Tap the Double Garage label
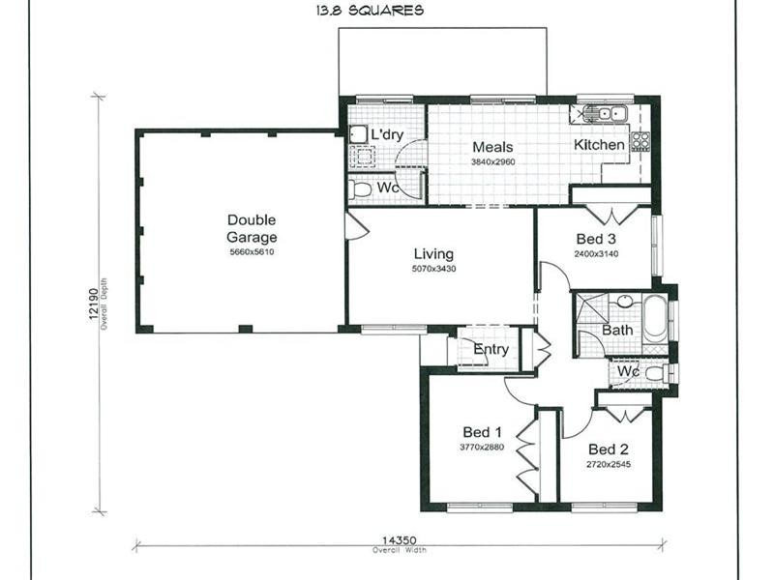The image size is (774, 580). (x=252, y=228)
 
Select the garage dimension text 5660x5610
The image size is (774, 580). (x=252, y=251)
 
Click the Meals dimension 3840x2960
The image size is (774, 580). (x=492, y=162)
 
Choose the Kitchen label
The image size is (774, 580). (x=600, y=145)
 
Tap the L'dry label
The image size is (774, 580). (x=386, y=134)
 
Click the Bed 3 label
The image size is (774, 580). (x=596, y=239)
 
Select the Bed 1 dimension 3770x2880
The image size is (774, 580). (x=482, y=448)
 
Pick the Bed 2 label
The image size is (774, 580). (x=609, y=449)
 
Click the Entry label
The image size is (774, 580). (x=491, y=350)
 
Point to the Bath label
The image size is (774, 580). (x=617, y=330)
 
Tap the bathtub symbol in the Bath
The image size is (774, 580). (x=655, y=318)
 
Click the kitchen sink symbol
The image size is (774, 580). (x=608, y=114)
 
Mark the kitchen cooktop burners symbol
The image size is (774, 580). (x=640, y=141)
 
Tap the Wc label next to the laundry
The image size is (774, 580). (x=388, y=187)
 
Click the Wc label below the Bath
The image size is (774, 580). (x=628, y=371)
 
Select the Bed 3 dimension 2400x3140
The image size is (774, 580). (x=596, y=254)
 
